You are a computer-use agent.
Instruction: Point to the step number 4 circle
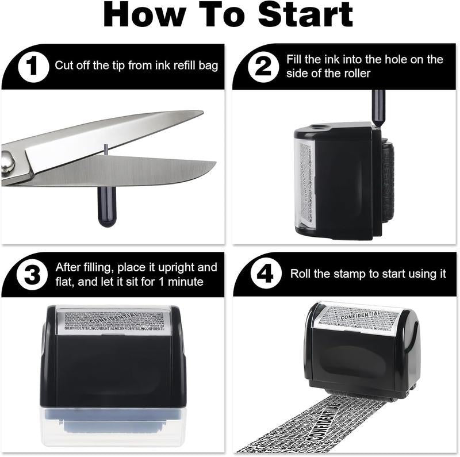click(x=264, y=274)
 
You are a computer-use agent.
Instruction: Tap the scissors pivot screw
click(x=6, y=162)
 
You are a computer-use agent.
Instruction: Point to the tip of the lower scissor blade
click(x=214, y=167)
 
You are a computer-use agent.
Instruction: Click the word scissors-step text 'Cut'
click(x=64, y=66)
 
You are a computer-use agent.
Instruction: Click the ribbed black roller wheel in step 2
click(x=388, y=184)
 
